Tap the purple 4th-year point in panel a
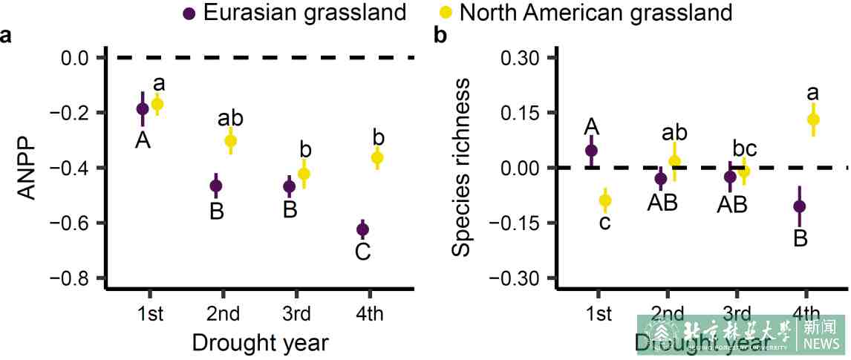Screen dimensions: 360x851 [x=362, y=229]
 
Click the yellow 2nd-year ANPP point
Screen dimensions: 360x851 [x=230, y=140]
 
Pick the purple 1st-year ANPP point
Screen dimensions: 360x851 [x=143, y=108]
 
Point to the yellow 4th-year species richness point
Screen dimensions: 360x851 [x=813, y=120]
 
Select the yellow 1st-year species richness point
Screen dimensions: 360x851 [x=605, y=200]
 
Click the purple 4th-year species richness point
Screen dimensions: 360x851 [x=799, y=206]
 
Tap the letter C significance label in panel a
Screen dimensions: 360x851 [x=362, y=252]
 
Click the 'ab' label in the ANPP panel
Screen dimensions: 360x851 [x=230, y=118]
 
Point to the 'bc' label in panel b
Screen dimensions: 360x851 [x=744, y=148]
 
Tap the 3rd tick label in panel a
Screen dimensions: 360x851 [x=296, y=314]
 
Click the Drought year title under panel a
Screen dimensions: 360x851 [x=260, y=343]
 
